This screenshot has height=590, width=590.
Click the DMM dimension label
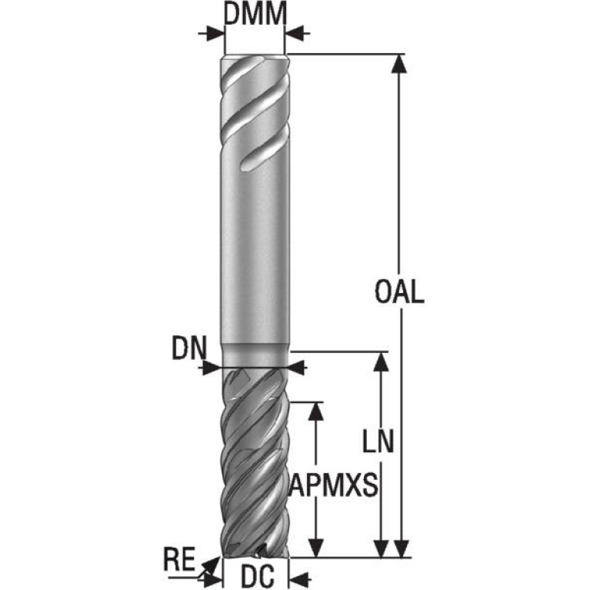255,14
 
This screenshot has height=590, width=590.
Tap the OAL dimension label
399,292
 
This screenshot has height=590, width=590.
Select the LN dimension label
378,441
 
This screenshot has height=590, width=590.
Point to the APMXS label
333,485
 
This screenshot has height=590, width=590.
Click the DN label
189,348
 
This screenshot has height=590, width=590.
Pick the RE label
179,559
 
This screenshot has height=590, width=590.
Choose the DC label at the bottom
258,576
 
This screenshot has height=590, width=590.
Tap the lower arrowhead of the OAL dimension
401,548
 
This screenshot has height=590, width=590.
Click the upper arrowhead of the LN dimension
382,362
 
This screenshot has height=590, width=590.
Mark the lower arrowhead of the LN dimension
382,548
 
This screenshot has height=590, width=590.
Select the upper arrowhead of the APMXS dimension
315,412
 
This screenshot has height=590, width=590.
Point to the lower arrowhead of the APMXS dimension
315,548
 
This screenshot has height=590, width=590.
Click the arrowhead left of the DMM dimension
215,33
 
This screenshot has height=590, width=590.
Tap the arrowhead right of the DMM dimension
295,33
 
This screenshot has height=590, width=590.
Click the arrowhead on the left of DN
212,367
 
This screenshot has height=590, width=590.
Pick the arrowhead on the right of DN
297,367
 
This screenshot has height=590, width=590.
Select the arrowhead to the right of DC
299,578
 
